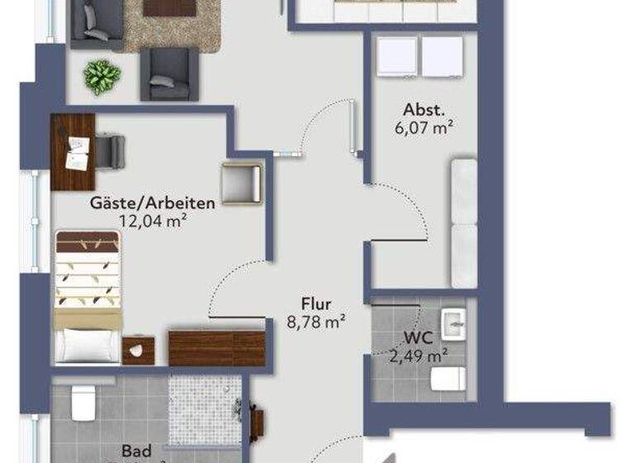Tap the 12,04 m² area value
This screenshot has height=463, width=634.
click(x=152, y=221)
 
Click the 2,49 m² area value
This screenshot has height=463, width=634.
click(x=419, y=356)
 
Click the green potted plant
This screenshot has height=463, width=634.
click(x=102, y=76)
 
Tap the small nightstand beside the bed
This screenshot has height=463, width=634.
click(x=139, y=350)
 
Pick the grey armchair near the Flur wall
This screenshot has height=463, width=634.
click(x=241, y=182)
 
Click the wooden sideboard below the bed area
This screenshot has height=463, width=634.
click(x=216, y=347)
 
